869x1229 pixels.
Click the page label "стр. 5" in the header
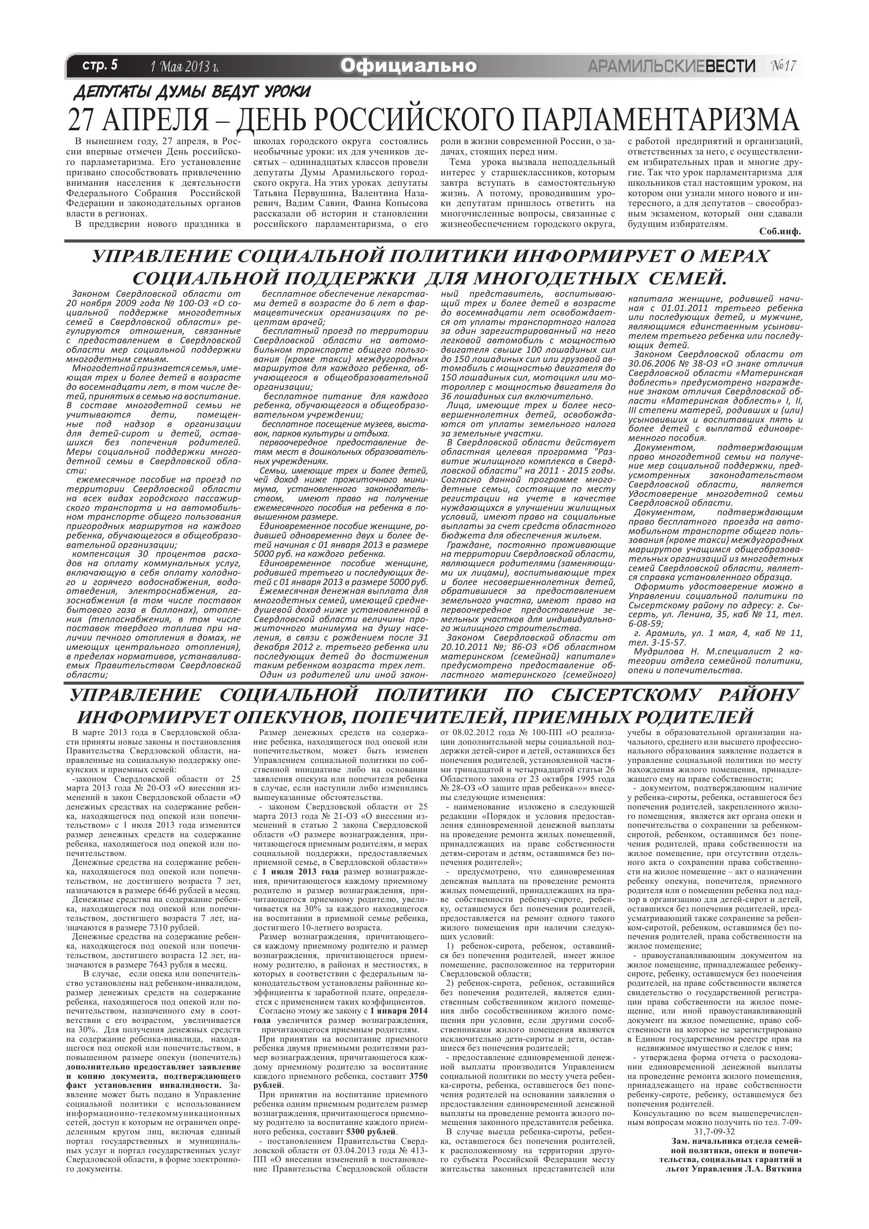(x=100, y=66)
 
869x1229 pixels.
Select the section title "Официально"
(x=408, y=66)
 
